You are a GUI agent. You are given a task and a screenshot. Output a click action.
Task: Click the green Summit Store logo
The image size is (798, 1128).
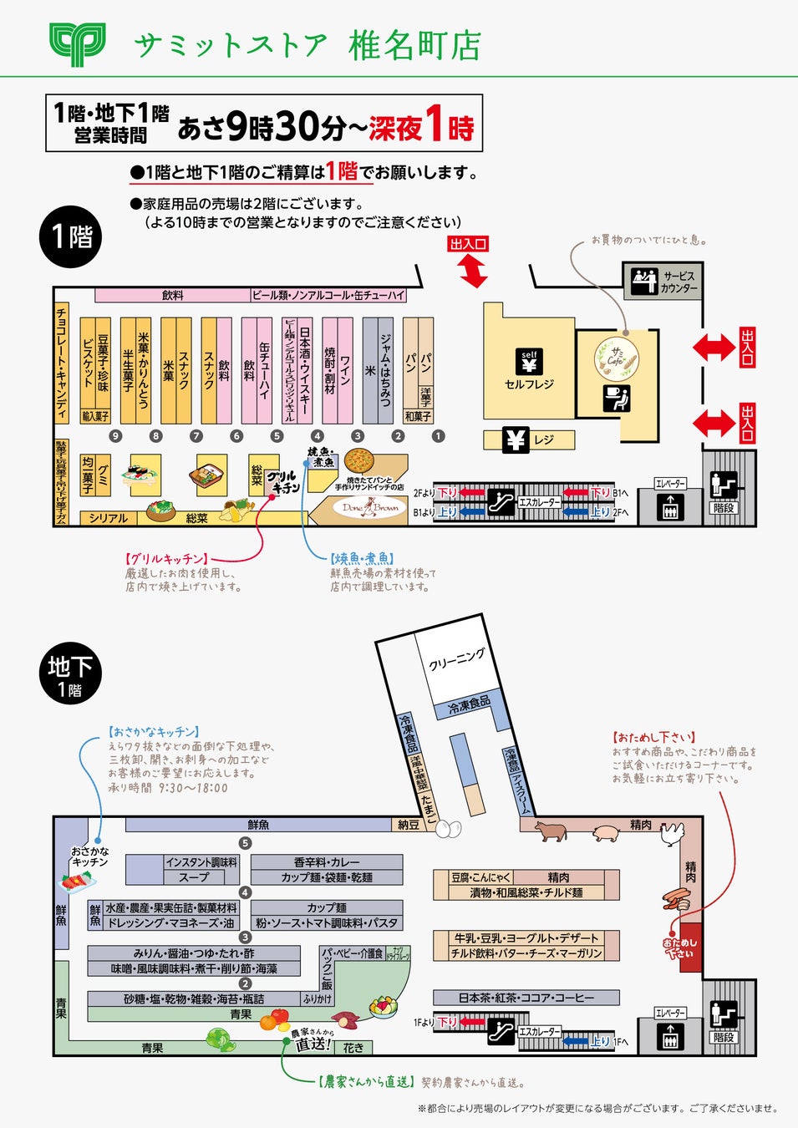pyautogui.click(x=77, y=43)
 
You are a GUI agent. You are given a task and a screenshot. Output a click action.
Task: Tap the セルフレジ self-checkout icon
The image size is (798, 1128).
pyautogui.click(x=529, y=362)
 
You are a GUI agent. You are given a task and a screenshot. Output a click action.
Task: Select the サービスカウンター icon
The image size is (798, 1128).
pyautogui.click(x=644, y=282)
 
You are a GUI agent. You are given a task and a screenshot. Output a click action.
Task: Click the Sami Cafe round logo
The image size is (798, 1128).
pyautogui.click(x=617, y=357)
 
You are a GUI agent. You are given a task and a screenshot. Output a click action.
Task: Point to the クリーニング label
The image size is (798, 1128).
pyautogui.click(x=456, y=659)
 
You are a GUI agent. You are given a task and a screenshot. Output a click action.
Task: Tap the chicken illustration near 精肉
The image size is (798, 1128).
pyautogui.click(x=671, y=834)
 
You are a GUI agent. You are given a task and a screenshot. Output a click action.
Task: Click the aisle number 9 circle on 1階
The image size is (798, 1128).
pyautogui.click(x=115, y=435)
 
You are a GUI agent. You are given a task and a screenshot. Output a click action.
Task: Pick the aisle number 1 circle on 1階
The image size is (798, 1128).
pyautogui.click(x=438, y=435)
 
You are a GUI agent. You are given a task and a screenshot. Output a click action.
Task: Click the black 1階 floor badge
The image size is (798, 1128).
pyautogui.click(x=71, y=236)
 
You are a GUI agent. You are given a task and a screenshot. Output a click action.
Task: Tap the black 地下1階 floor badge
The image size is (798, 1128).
pyautogui.click(x=70, y=674)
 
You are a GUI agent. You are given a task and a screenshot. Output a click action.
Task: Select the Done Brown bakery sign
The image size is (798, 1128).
pyautogui.click(x=369, y=507)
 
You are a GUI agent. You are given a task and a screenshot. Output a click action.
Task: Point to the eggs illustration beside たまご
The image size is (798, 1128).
pyautogui.click(x=449, y=829)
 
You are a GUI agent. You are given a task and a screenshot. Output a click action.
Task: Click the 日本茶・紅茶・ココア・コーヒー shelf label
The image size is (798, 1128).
pyautogui.click(x=526, y=998)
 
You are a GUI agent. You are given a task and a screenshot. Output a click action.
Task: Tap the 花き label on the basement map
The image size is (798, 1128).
pyautogui.click(x=353, y=1048)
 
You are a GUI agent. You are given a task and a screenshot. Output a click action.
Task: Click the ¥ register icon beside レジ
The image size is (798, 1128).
pyautogui.click(x=516, y=440)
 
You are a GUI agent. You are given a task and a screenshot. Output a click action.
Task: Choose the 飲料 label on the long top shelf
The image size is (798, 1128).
pyautogui.click(x=173, y=295)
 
